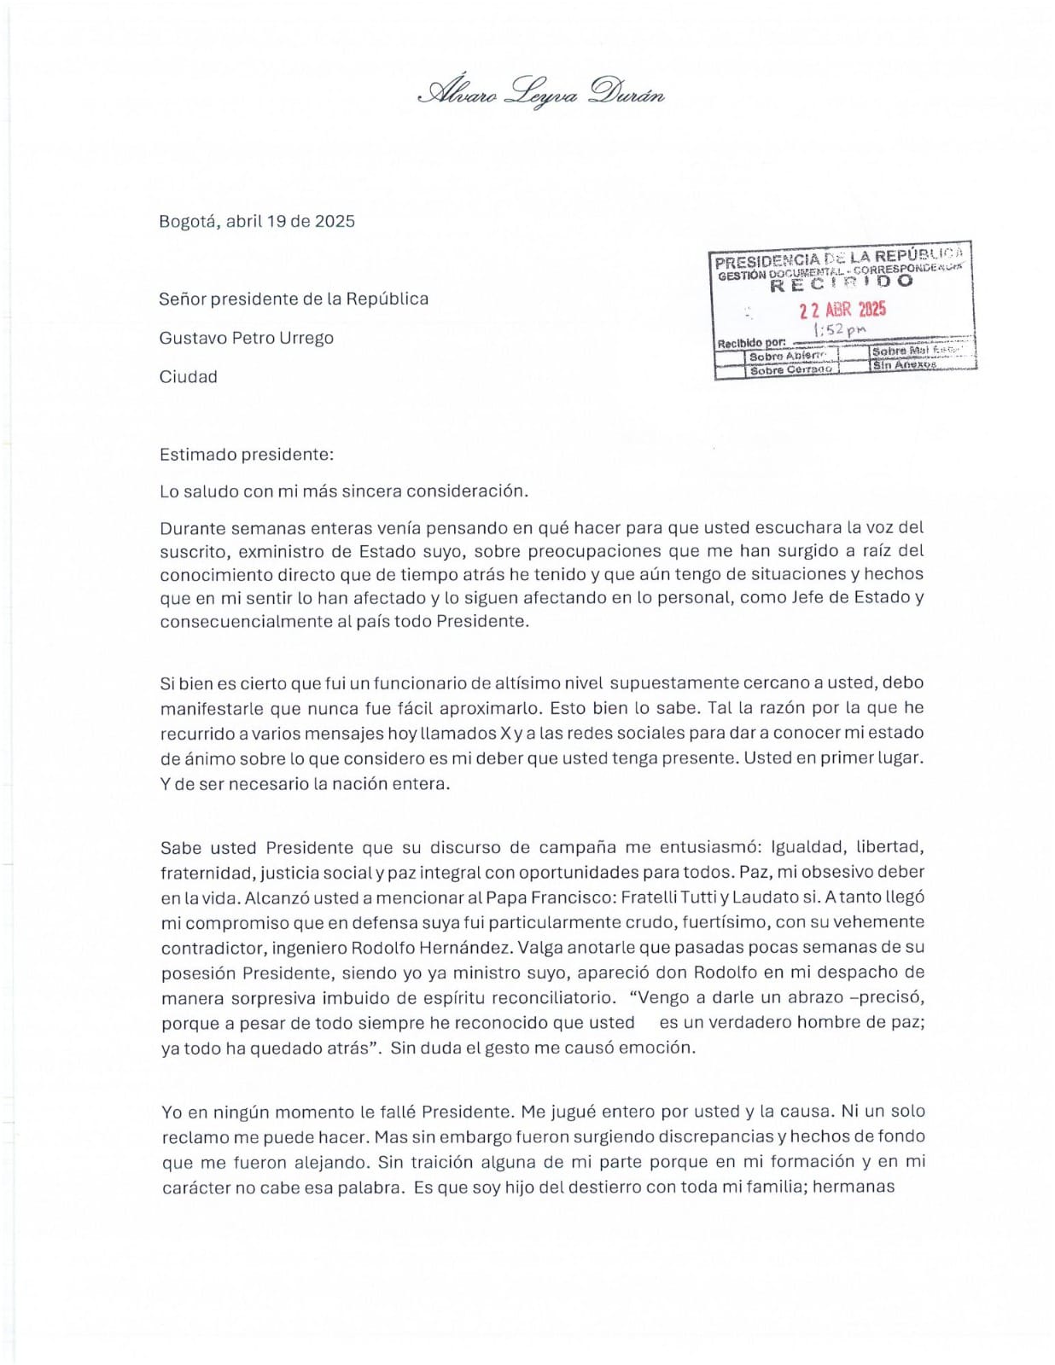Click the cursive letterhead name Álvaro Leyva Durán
(540, 92)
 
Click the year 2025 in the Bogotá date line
(335, 222)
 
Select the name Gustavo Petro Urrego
(246, 338)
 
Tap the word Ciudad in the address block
(188, 377)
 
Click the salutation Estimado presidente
(246, 455)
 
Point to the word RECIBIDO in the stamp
(841, 283)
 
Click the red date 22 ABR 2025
(842, 310)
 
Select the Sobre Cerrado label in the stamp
(790, 370)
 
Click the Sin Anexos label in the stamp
(904, 365)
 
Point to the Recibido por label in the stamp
(751, 343)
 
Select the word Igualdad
(809, 847)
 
